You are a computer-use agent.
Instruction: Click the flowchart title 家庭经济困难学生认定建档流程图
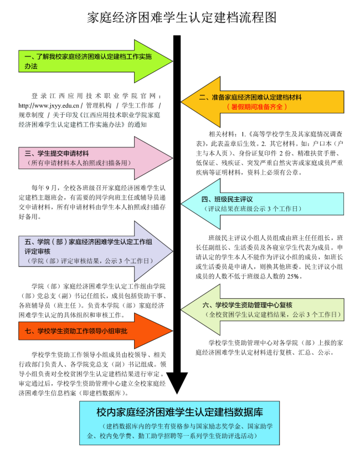click(182, 18)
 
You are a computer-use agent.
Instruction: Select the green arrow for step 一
click(96, 62)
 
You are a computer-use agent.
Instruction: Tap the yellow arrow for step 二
click(263, 102)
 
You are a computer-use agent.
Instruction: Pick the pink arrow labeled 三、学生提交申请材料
click(96, 158)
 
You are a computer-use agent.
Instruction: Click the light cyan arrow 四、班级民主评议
click(263, 204)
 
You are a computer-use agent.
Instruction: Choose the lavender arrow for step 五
click(96, 252)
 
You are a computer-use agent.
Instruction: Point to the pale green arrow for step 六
click(263, 310)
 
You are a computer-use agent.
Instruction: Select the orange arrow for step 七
click(96, 331)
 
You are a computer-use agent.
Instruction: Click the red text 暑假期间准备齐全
click(256, 107)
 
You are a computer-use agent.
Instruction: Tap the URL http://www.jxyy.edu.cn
click(49, 105)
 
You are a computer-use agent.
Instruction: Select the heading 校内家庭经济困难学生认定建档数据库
click(179, 412)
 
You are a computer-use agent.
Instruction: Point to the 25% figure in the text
click(293, 277)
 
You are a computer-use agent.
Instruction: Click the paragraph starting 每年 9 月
click(92, 202)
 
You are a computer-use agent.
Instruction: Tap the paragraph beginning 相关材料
click(269, 153)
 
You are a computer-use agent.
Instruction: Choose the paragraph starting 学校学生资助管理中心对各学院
click(269, 348)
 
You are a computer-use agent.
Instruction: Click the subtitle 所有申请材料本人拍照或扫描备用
click(79, 163)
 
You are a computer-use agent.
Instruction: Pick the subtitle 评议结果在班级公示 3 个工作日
click(253, 209)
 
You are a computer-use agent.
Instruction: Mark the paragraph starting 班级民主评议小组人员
click(269, 257)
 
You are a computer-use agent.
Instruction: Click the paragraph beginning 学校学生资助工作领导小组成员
click(92, 374)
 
